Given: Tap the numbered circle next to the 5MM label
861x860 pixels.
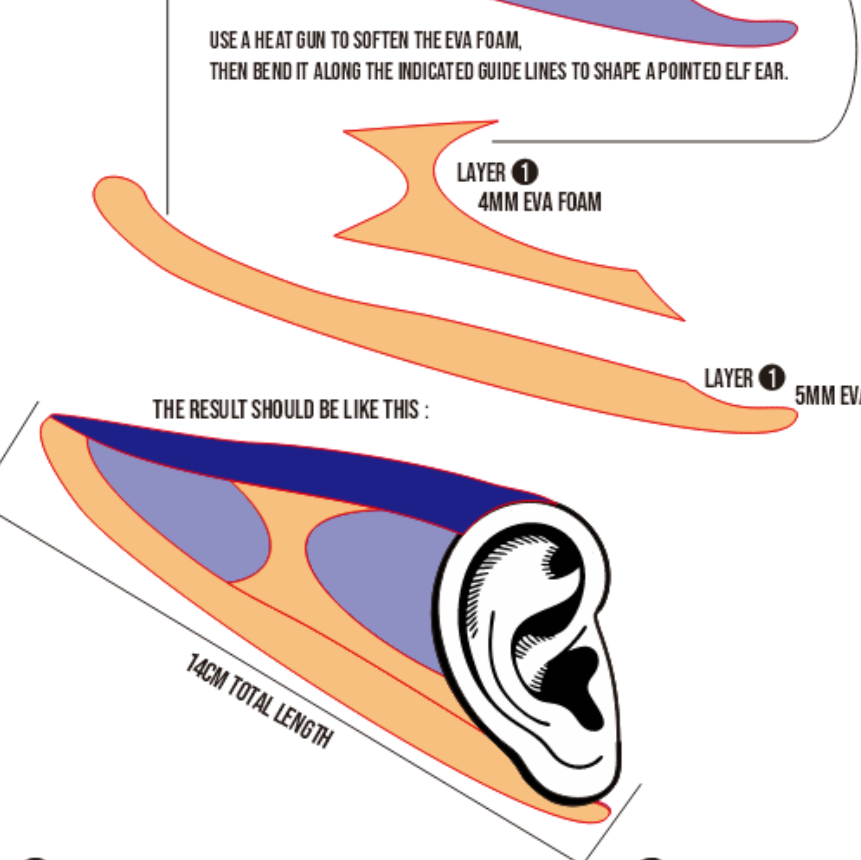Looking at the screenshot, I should click(771, 378).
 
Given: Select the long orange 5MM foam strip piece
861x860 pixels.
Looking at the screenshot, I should click(401, 338).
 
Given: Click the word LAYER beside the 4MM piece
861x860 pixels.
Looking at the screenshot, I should click(481, 173).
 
